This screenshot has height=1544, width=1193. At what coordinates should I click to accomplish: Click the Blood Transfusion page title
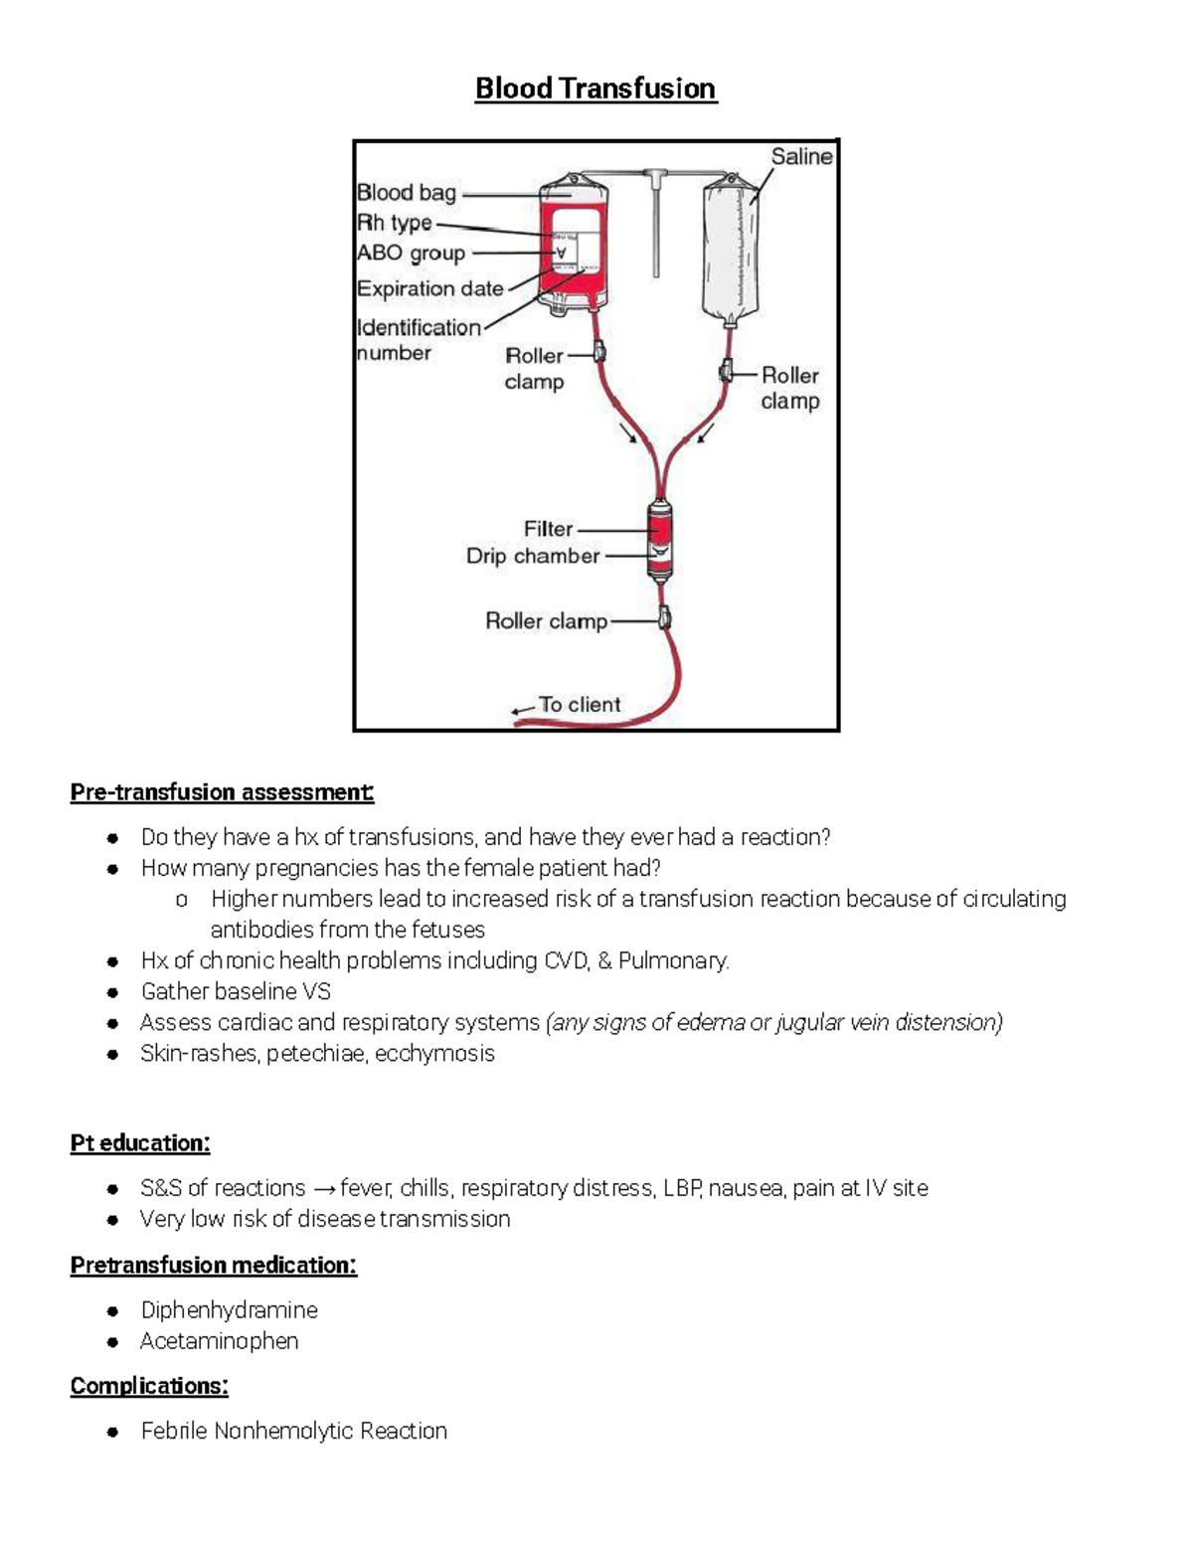tap(596, 88)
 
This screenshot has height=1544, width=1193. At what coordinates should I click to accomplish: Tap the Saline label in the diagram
tap(801, 156)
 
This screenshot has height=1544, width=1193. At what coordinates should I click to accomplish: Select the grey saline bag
tap(735, 249)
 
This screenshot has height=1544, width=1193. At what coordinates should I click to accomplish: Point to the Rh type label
tap(395, 223)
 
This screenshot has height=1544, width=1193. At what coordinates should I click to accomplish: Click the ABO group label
tap(411, 253)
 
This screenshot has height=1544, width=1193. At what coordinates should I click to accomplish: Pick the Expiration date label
tap(429, 288)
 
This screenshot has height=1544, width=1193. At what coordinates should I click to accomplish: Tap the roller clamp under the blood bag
tap(599, 352)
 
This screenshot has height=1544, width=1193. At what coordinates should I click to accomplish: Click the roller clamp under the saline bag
tap(727, 373)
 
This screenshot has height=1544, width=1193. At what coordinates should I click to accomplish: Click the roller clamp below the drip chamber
tap(664, 619)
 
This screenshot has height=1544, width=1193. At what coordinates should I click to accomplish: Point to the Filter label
tap(548, 529)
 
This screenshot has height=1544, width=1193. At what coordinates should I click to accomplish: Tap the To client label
tap(580, 704)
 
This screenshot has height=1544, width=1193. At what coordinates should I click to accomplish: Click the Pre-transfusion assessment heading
tap(222, 792)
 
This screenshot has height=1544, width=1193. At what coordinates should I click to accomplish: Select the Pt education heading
tap(140, 1143)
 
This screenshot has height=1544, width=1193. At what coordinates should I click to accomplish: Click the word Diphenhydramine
tap(229, 1309)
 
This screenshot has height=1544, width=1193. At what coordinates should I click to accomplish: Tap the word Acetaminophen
tap(219, 1340)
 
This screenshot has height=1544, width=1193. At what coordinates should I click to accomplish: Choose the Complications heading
tap(149, 1386)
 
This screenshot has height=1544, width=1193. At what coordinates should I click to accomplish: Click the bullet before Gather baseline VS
tap(114, 992)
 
